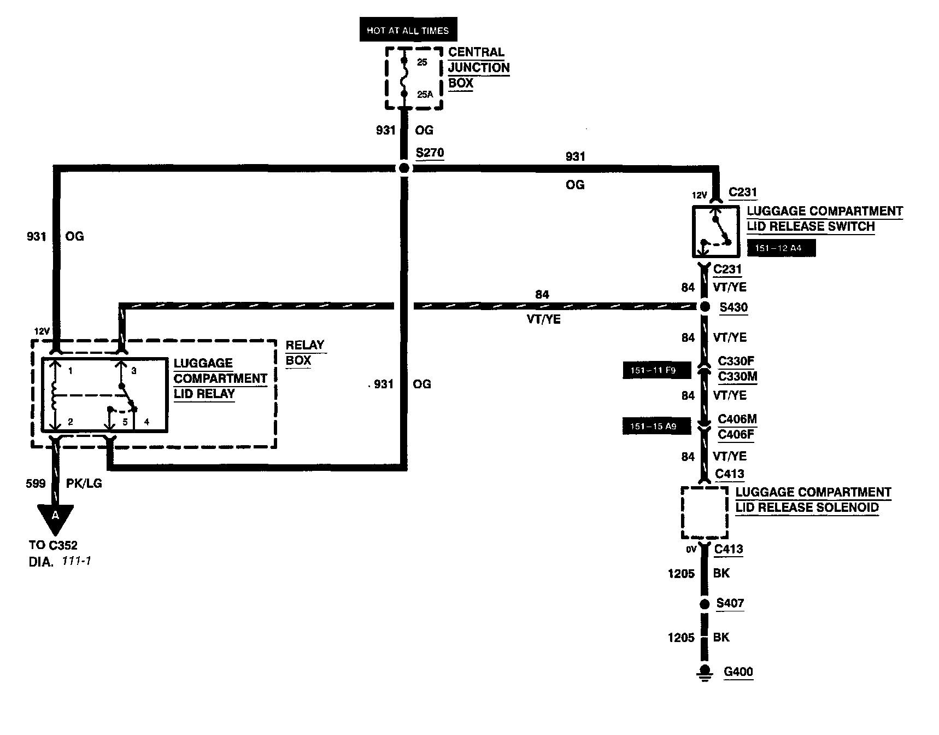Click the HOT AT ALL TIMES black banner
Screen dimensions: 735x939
coord(408,31)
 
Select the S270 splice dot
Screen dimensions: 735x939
coord(404,168)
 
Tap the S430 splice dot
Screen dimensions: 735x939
coord(705,307)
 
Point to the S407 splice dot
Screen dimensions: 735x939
coord(705,604)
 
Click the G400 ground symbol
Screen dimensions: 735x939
coord(705,673)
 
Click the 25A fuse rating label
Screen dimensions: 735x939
coord(425,95)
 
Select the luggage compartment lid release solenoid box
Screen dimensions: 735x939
coord(705,512)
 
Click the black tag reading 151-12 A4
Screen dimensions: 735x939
coord(781,248)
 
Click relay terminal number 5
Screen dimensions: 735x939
coord(125,422)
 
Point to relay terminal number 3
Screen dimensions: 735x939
coord(133,371)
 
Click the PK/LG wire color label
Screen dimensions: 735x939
coord(84,483)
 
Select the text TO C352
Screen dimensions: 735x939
coord(54,545)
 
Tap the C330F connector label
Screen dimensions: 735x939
coord(736,361)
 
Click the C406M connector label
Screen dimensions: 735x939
coord(737,419)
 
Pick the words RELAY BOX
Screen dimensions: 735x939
coord(305,353)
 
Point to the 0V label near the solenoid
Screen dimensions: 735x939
coord(691,550)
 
